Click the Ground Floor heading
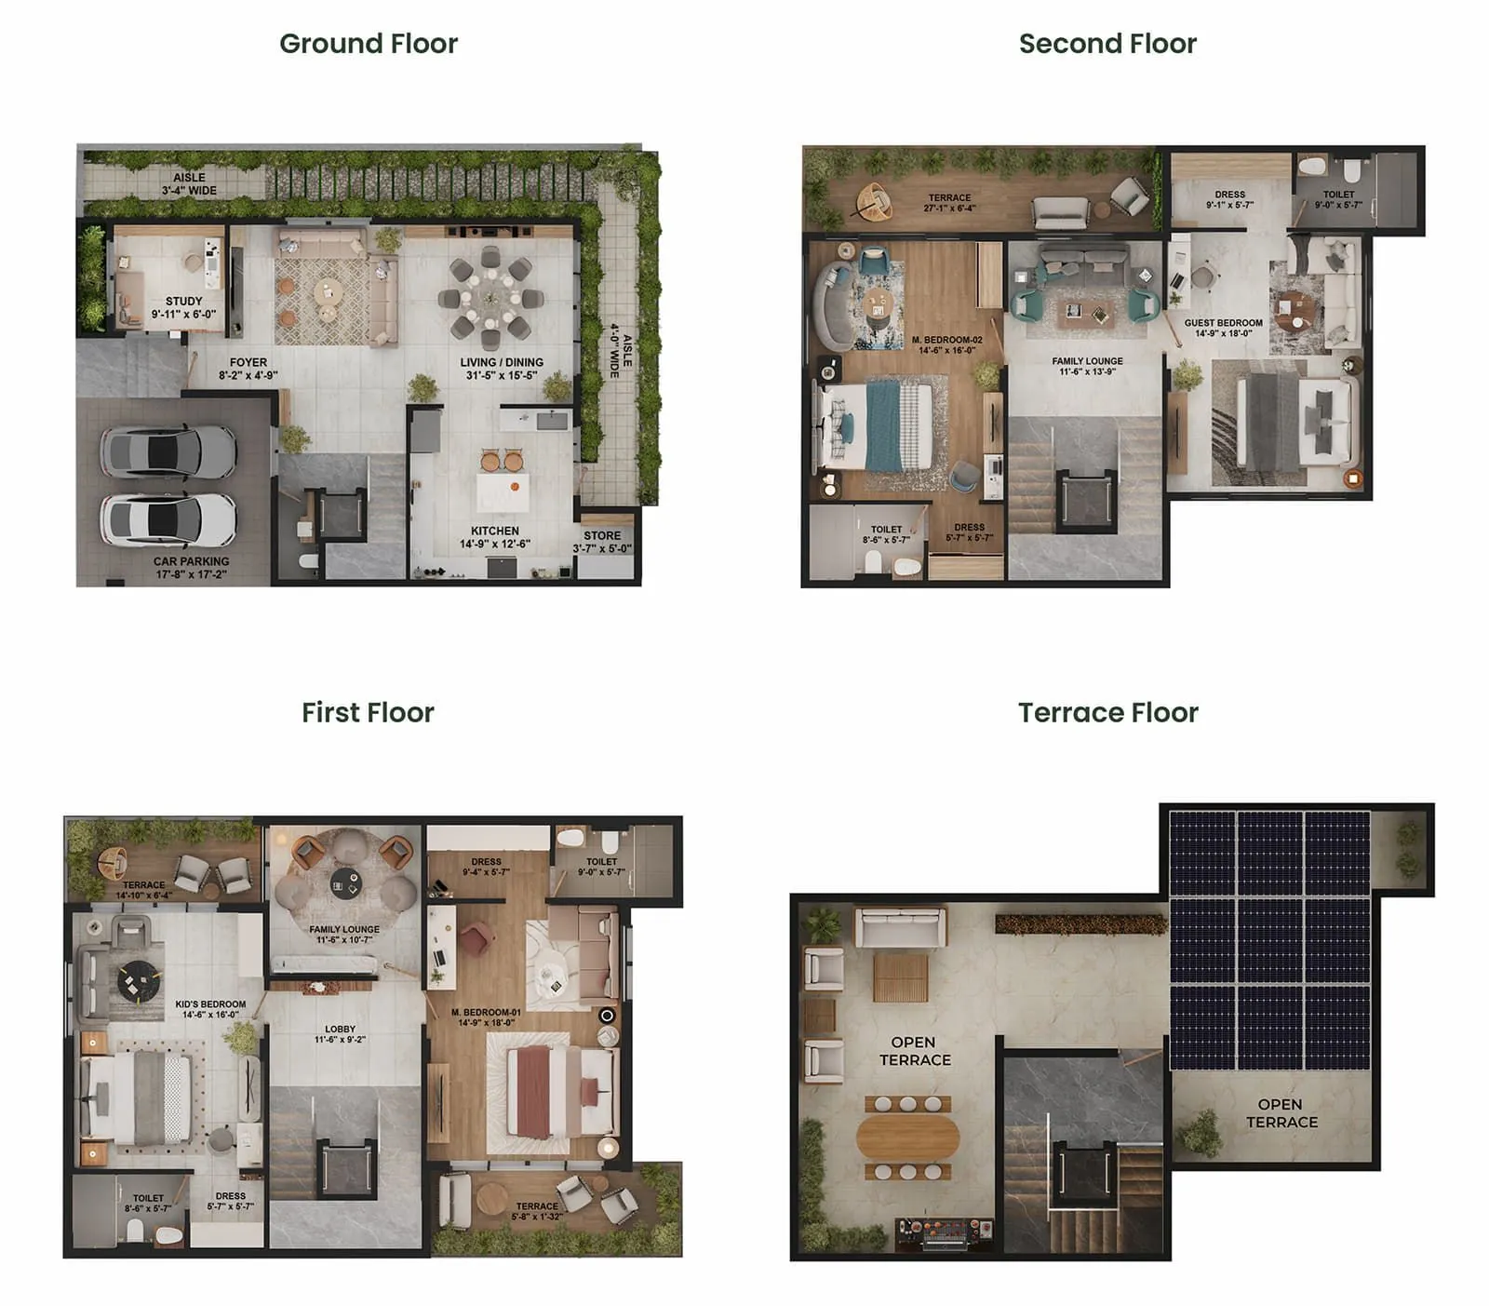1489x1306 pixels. (x=369, y=44)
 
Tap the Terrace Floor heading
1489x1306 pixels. (x=1107, y=712)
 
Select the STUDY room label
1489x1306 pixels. (x=183, y=302)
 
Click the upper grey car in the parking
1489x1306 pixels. (x=168, y=453)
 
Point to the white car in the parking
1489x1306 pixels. (x=168, y=519)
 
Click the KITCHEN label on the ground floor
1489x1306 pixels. (x=495, y=531)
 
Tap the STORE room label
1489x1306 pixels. (x=602, y=536)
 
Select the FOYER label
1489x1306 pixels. (x=248, y=362)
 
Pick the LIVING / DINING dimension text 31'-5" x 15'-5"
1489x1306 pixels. (x=502, y=376)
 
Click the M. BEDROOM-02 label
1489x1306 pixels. (x=946, y=340)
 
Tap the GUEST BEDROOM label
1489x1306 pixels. (x=1223, y=323)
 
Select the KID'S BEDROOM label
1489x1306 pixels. (x=210, y=1004)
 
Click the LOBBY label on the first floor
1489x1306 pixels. (x=340, y=1029)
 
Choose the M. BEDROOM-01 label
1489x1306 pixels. (x=486, y=1012)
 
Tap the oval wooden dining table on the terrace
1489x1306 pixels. (x=907, y=1136)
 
